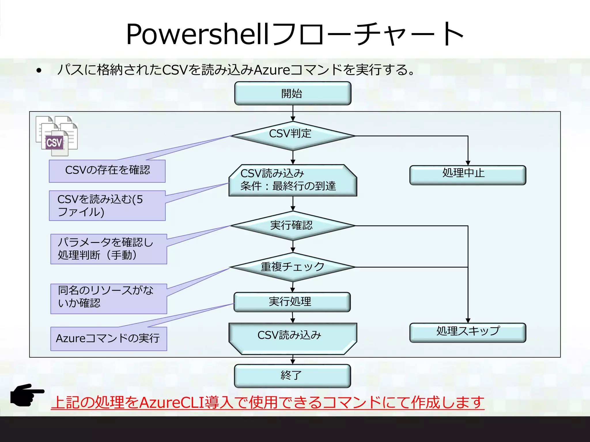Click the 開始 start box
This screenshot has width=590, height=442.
pos(293,94)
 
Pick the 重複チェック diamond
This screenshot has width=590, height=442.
pos(293,267)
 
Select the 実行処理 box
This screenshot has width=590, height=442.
pos(292,302)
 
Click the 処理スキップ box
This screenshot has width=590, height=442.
pos(468,332)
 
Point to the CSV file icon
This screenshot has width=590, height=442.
pos(56,136)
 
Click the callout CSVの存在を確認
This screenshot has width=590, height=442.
pos(107,171)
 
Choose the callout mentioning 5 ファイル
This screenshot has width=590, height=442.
pos(107,205)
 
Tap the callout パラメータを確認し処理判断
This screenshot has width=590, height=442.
pos(109,249)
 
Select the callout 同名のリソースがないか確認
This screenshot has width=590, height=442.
pos(109,298)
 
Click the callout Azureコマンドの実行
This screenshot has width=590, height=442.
pos(109,339)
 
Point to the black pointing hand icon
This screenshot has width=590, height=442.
pos(27,395)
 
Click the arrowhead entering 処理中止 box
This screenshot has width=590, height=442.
pos(468,163)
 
